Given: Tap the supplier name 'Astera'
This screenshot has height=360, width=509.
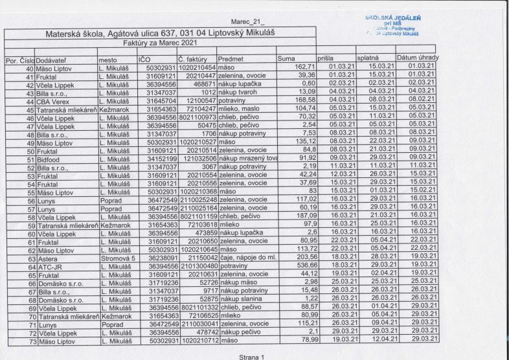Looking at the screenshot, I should [x=47, y=239].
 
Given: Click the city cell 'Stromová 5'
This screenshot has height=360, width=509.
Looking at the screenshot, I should [x=115, y=239].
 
